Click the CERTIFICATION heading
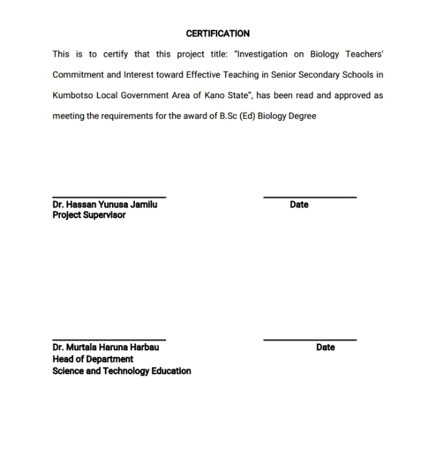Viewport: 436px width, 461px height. pyautogui.click(x=217, y=34)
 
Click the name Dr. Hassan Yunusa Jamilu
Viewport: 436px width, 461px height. pyautogui.click(x=105, y=204)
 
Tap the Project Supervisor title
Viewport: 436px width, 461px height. pyautogui.click(x=89, y=215)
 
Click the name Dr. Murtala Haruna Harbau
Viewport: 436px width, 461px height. pyautogui.click(x=105, y=347)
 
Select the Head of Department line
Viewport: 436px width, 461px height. pyautogui.click(x=93, y=359)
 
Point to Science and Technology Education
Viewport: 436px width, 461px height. pyautogui.click(x=122, y=371)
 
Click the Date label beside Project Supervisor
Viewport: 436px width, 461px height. pyautogui.click(x=299, y=204)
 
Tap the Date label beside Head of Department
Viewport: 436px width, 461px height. pyautogui.click(x=325, y=347)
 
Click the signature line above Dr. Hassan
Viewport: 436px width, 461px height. pyautogui.click(x=109, y=197)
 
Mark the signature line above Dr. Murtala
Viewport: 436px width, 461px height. pyautogui.click(x=109, y=340)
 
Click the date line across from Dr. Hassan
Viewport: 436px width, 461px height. pyautogui.click(x=310, y=197)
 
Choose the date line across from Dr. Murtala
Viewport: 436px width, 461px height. pyautogui.click(x=310, y=340)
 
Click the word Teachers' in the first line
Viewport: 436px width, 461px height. pyautogui.click(x=365, y=54)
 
